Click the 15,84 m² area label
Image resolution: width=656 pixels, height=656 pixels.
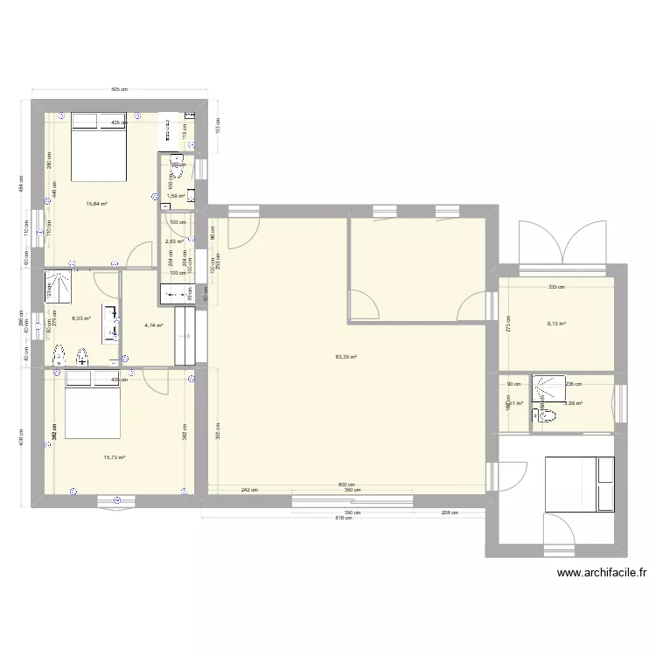click(96, 204)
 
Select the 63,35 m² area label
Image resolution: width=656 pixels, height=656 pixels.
click(347, 357)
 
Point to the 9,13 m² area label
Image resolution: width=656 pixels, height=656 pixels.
click(556, 324)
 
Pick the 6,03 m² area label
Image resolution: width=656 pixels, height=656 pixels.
click(82, 319)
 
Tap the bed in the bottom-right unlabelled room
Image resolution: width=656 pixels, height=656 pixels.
click(583, 483)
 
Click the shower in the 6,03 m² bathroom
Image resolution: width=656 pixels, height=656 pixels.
click(61, 283)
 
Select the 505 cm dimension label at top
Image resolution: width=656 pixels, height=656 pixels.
click(120, 89)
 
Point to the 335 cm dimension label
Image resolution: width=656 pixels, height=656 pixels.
click(556, 287)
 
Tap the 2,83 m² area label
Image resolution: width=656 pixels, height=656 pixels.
click(174, 241)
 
